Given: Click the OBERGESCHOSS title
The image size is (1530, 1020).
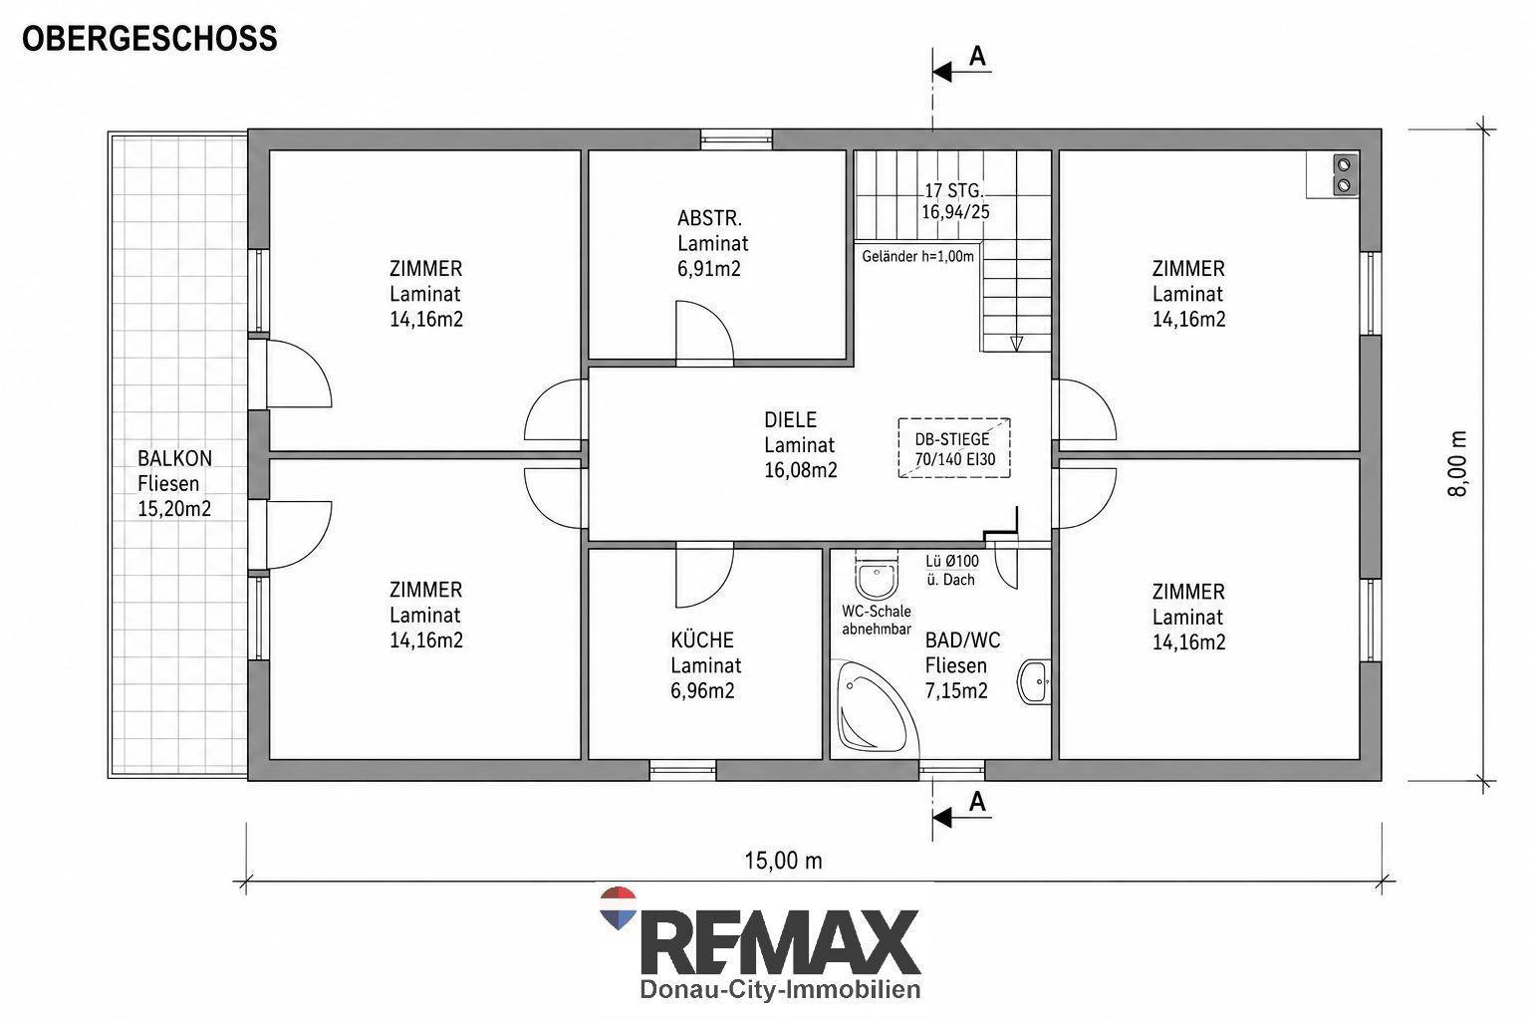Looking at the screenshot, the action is click(x=149, y=38).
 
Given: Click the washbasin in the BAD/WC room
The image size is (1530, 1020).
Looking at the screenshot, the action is click(x=1034, y=681).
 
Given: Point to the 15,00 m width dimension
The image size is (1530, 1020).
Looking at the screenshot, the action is click(x=784, y=861).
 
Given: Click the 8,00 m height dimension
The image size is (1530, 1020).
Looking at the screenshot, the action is click(x=1456, y=464).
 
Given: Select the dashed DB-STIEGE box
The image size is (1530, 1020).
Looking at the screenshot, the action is click(x=954, y=447).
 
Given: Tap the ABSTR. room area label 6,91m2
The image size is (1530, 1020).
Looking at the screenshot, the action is click(x=709, y=269).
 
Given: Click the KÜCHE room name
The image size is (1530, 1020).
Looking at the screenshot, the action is click(x=702, y=640).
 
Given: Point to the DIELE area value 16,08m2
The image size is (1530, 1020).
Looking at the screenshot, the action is click(x=801, y=470).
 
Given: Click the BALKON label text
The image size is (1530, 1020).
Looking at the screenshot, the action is click(x=175, y=458).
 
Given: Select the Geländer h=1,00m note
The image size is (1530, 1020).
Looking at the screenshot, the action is click(x=917, y=257).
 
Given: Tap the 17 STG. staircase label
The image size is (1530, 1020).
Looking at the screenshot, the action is click(x=954, y=190).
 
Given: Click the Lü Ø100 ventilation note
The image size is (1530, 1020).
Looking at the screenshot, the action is click(x=952, y=561).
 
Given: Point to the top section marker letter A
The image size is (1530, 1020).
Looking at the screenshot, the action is click(x=977, y=56).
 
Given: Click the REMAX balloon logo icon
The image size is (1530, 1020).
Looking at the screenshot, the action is click(x=619, y=908).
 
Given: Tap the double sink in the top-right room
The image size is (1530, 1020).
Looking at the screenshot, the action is click(x=1344, y=175).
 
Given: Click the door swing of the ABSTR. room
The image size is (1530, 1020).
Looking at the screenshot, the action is click(x=704, y=330).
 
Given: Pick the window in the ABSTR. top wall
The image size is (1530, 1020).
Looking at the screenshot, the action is click(x=736, y=139).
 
